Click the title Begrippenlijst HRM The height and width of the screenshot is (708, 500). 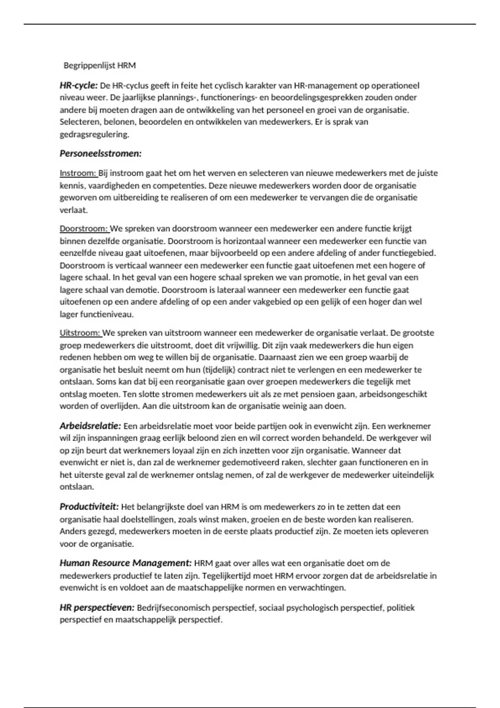[100, 65]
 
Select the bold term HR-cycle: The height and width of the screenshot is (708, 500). [78, 86]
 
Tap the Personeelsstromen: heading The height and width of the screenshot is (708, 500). [100, 154]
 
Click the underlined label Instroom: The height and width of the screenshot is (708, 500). [78, 173]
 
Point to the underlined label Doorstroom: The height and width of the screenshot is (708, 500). [84, 229]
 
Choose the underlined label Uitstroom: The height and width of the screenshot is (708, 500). [80, 333]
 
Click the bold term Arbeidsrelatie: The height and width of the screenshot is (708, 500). [90, 426]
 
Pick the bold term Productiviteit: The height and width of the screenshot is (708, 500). [89, 507]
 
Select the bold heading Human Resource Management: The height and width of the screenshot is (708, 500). [125, 563]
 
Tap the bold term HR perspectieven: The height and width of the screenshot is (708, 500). [97, 608]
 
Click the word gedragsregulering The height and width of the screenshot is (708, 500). [94, 135]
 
